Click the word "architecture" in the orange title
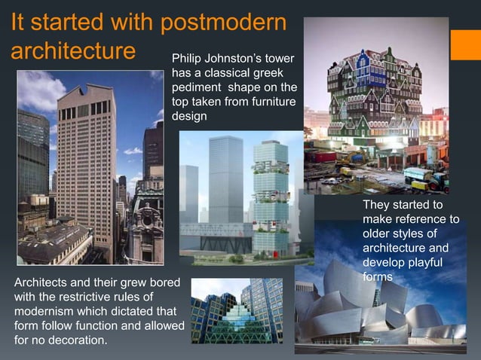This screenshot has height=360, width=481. pos(73,53)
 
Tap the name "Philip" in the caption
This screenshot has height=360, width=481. pos(188,58)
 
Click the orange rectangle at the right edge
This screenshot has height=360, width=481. pos(465,44)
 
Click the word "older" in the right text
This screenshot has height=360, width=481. pos(378,233)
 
